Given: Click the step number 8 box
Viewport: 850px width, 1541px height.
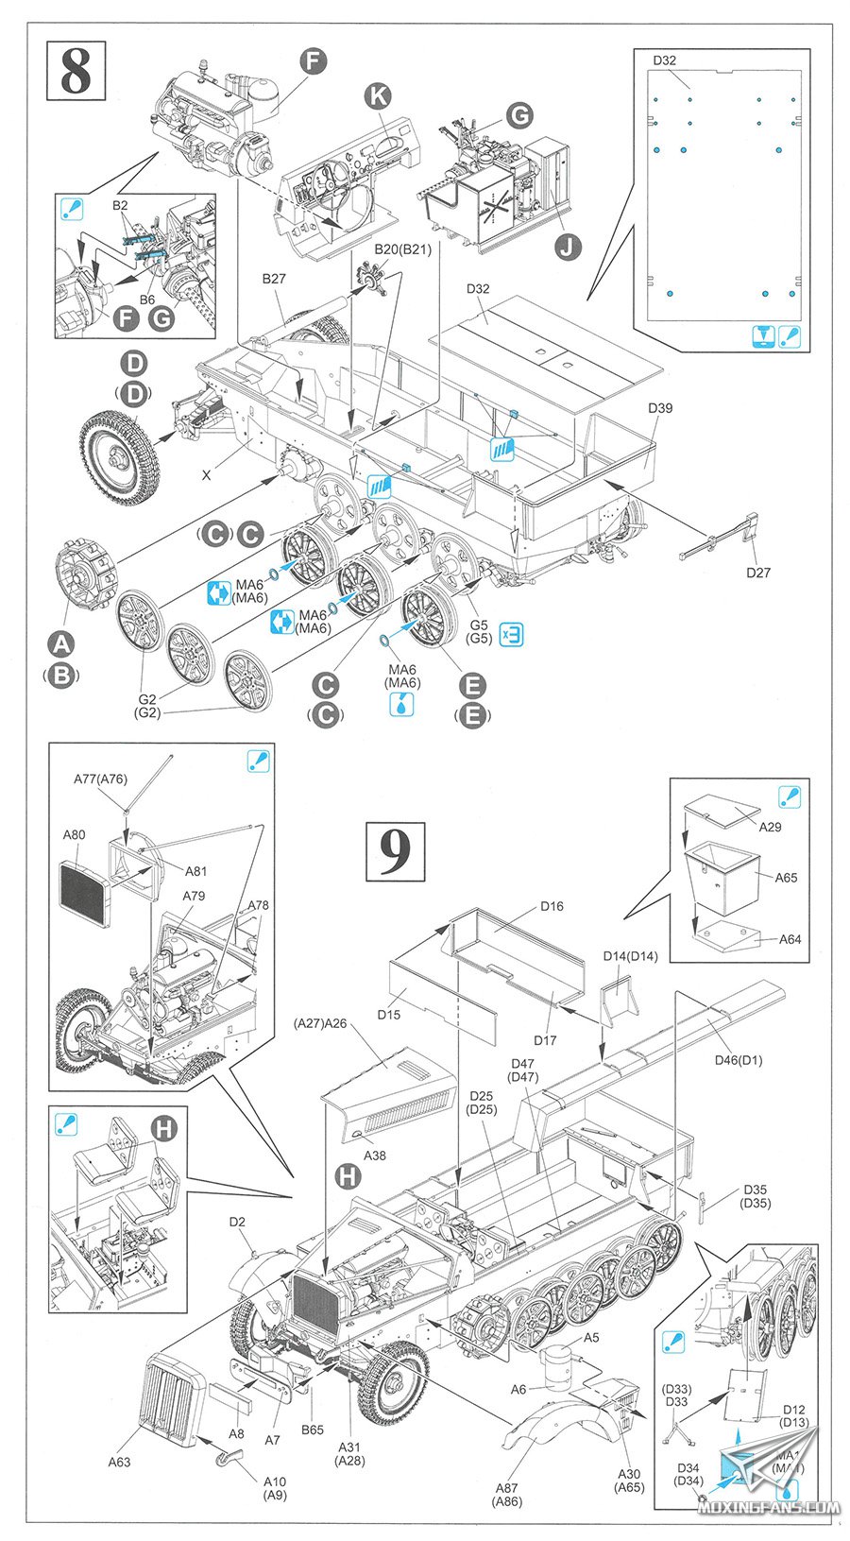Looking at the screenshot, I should [x=76, y=71].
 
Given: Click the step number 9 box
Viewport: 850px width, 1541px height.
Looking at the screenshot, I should [x=395, y=850].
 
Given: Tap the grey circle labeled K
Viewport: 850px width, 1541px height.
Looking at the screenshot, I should [x=378, y=94].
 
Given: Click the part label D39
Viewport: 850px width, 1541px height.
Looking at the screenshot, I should [x=660, y=408].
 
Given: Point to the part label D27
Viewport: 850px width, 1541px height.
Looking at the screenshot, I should [x=757, y=572].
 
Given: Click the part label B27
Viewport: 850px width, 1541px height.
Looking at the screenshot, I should [x=274, y=279].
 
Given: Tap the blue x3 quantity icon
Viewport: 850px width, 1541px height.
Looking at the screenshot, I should [x=511, y=634].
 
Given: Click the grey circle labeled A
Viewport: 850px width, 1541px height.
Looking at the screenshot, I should [x=60, y=644].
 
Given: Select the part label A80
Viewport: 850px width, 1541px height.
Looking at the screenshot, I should [x=74, y=834].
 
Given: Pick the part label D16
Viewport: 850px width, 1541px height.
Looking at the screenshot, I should [x=552, y=906].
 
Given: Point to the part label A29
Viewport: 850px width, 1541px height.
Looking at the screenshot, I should [x=771, y=827].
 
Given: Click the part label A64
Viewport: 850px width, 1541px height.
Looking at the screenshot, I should [x=790, y=939].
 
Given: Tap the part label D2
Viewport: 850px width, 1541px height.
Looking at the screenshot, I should [x=237, y=1222].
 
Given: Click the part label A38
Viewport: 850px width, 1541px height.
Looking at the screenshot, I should [x=375, y=1155].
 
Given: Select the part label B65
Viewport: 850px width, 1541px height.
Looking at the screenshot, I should [x=313, y=1430].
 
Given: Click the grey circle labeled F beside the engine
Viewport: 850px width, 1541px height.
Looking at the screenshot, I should [x=313, y=61].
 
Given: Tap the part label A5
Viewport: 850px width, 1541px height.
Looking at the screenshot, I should [x=591, y=1337].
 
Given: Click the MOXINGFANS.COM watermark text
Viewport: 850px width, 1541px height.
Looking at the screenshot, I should [x=769, y=1508].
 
